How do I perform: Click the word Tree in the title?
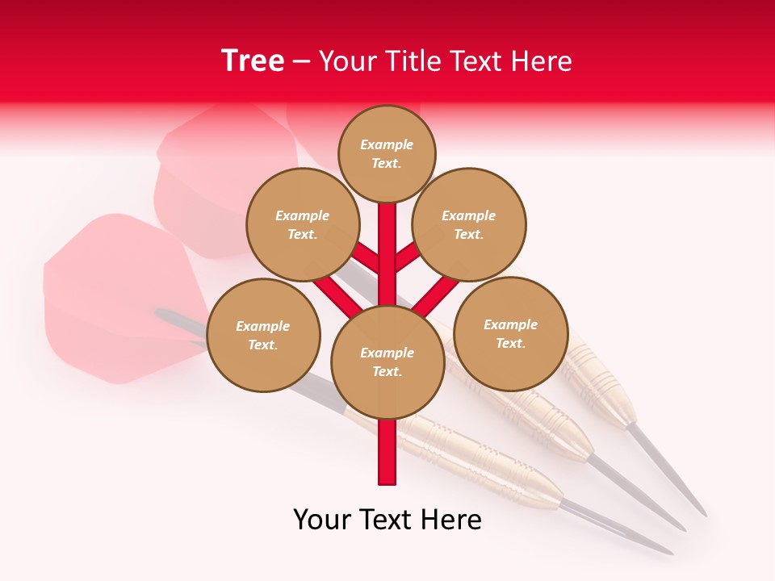click(253, 61)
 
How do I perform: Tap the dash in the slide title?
click(301, 62)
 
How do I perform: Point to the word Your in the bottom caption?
click(323, 520)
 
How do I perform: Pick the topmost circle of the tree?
click(387, 153)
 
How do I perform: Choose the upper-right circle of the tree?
click(468, 224)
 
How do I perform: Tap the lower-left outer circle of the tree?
click(263, 335)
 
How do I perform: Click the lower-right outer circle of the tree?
click(510, 333)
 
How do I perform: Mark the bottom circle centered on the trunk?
click(387, 362)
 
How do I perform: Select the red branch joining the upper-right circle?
click(408, 257)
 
